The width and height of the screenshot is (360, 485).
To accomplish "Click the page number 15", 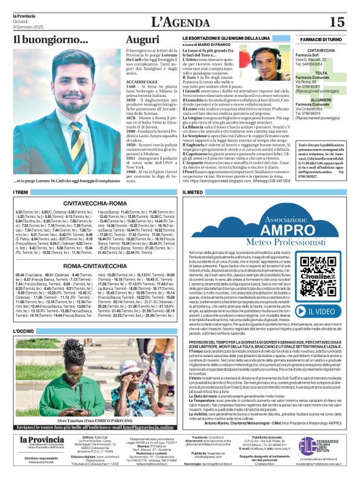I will (x=337, y=22).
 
